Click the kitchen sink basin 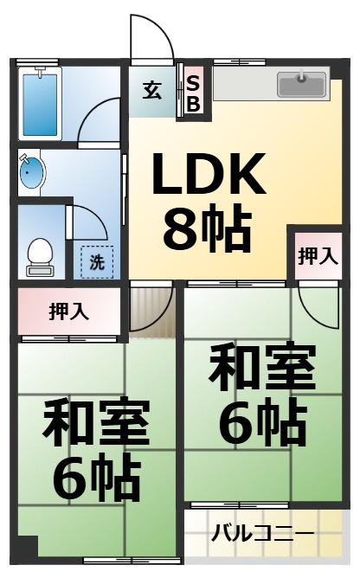point(301,84)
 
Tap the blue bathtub point(40,105)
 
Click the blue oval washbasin point(32,172)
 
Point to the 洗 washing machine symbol point(97,261)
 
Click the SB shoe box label point(193,93)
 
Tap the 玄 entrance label point(152,91)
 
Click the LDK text point(209,174)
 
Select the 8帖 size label point(208,229)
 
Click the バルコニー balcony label point(263,533)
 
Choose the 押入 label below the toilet point(69,311)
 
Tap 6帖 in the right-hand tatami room point(264,425)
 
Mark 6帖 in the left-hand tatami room point(97,480)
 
